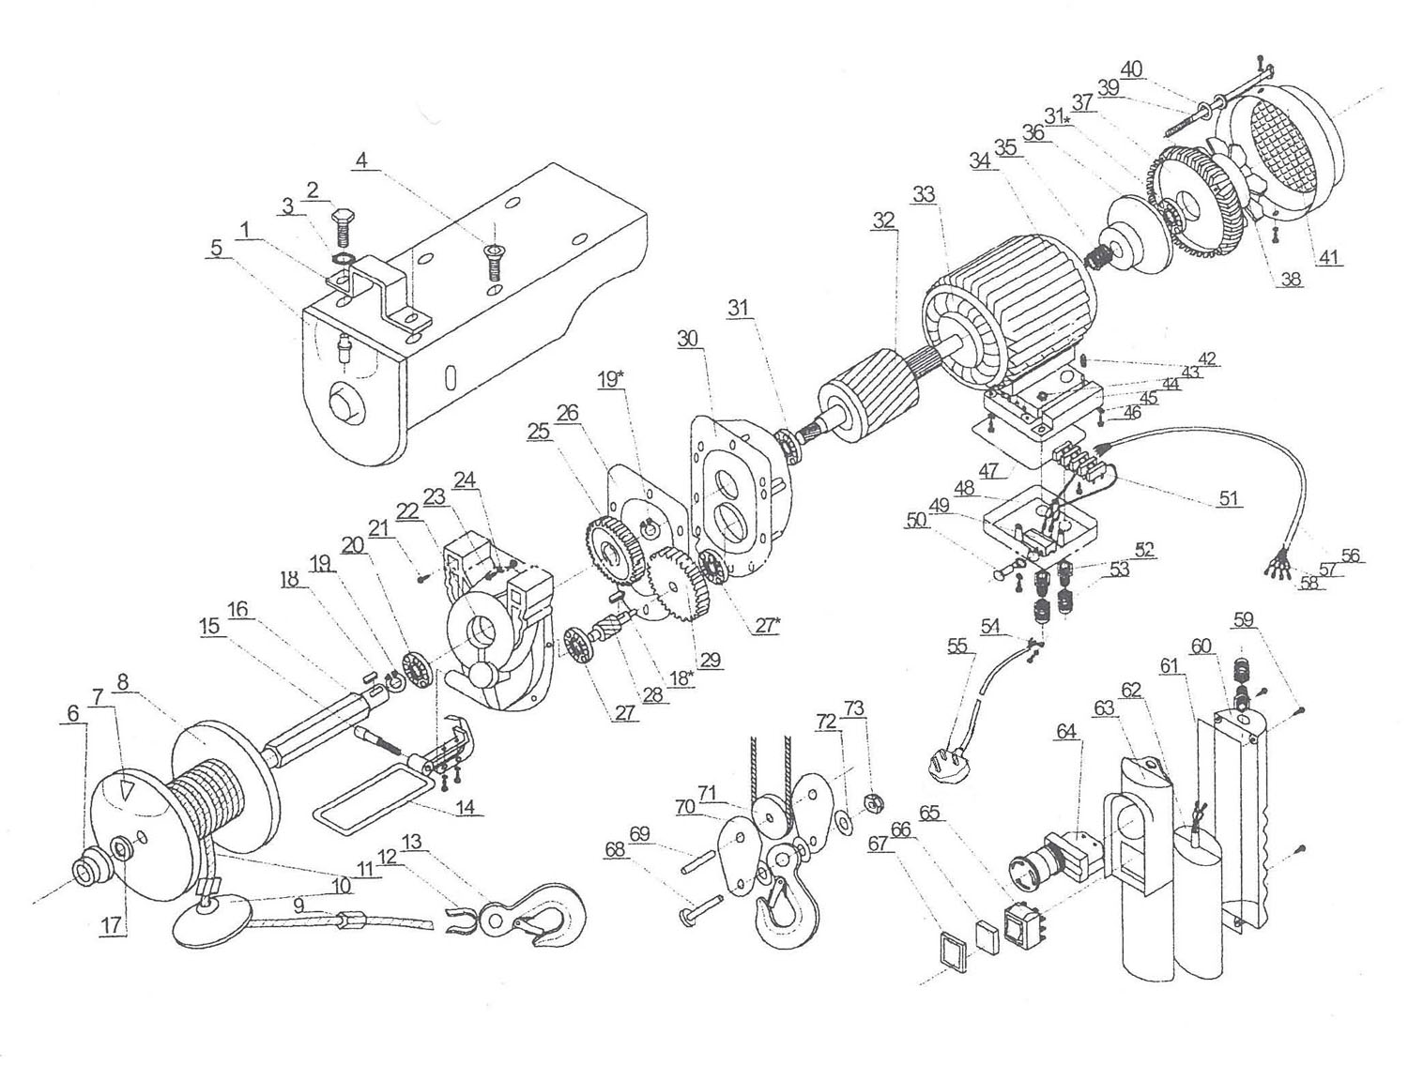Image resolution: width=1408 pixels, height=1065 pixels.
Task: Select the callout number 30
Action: tap(688, 338)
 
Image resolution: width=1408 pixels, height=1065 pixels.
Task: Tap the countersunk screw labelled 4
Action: tap(495, 264)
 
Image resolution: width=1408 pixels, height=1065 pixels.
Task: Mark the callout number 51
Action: tap(1229, 497)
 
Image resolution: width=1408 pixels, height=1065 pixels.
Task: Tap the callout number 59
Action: tap(1244, 619)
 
